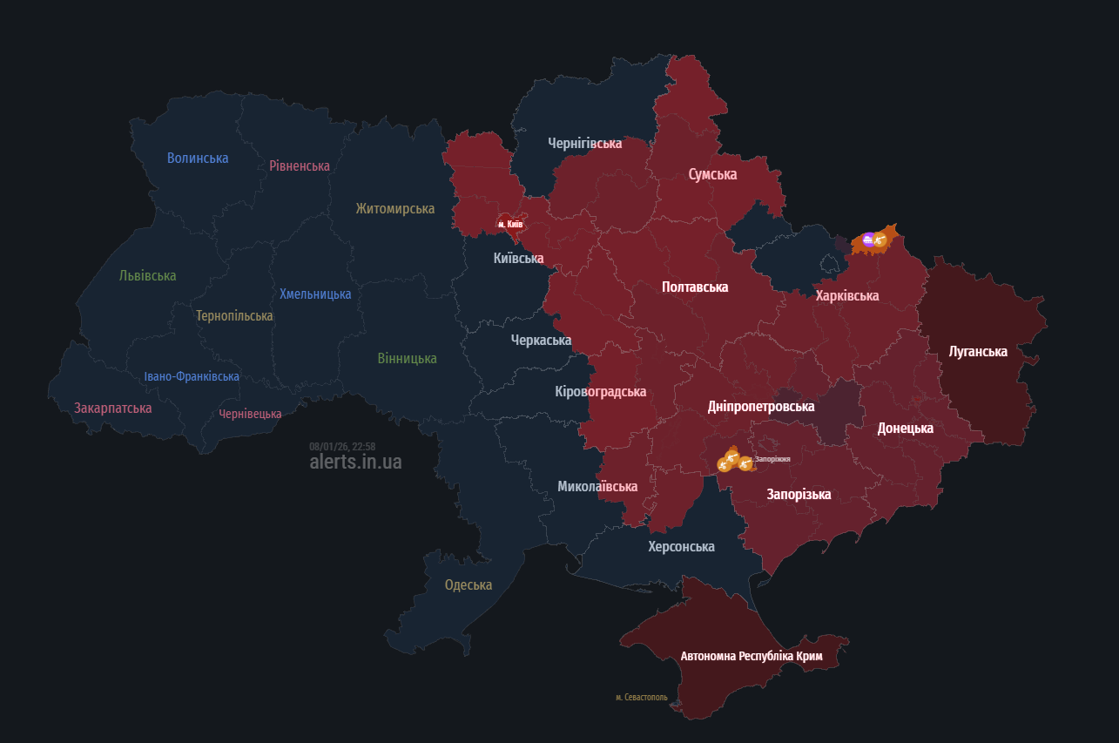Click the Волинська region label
pos(198,158)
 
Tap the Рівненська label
pos(300,165)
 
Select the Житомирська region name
pos(394,208)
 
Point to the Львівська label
pos(147,275)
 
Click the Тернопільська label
pos(234,315)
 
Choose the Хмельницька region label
pos(315,294)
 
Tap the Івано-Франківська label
pos(192,376)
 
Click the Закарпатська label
pos(113,408)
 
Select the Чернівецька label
pos(250,414)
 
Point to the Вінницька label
pos(407,358)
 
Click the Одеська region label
pos(468,584)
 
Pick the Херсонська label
pos(681,546)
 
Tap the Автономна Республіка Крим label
pos(752,656)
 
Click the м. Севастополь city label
pos(641,697)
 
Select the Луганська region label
pos(978,351)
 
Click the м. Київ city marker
pos(509,224)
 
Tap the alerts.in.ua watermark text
pos(355,462)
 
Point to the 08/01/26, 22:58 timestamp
pos(342,446)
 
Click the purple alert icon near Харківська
pos(867,240)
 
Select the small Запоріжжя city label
pos(772,458)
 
